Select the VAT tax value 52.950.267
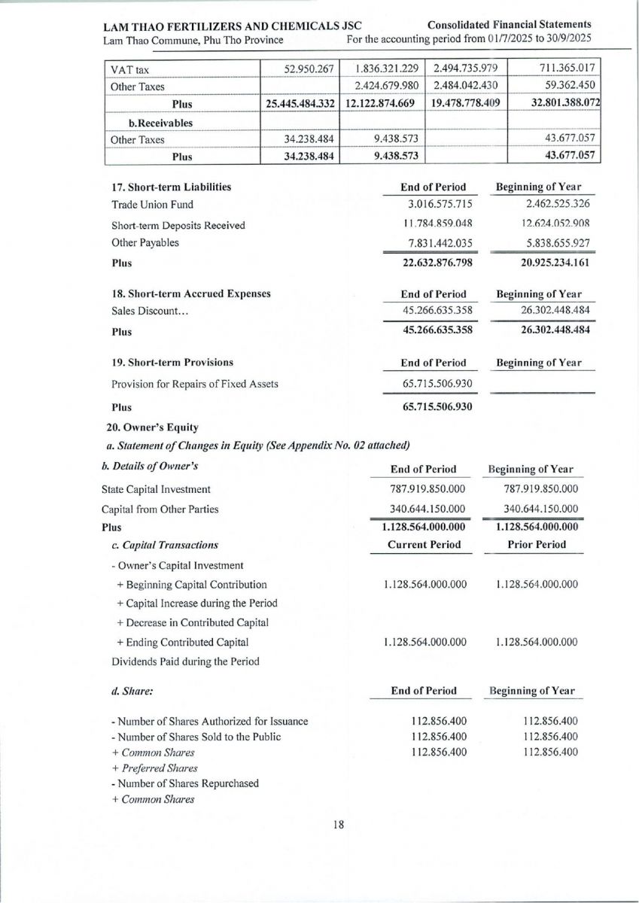(307, 69)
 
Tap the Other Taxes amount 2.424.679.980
(382, 86)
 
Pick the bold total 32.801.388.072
(554, 103)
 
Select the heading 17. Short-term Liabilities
(172, 187)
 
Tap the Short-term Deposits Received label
(178, 225)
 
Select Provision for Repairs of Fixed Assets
(195, 385)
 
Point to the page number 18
(339, 824)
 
